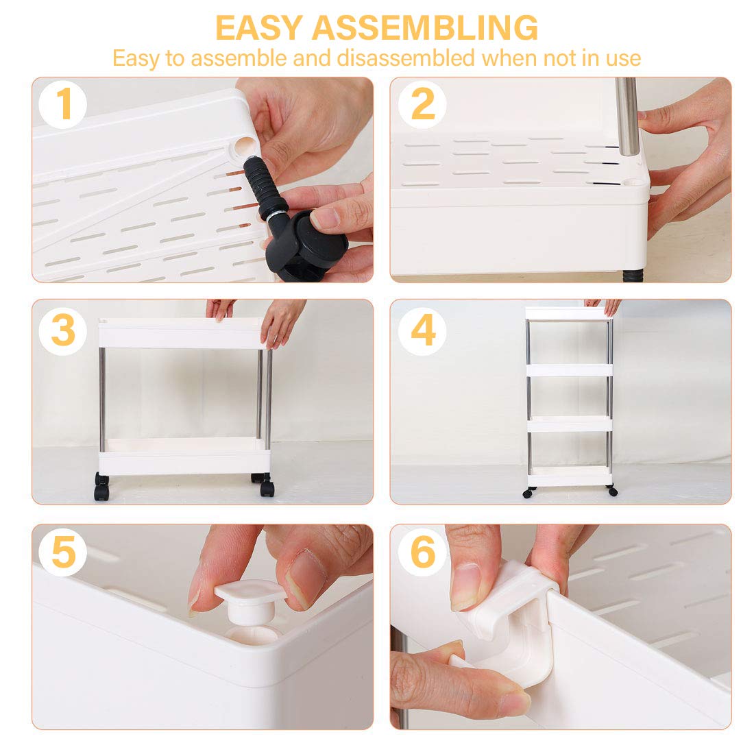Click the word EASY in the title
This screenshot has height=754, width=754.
(x=258, y=27)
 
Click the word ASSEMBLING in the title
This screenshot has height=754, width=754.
(x=424, y=27)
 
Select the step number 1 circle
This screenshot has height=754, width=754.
(x=63, y=104)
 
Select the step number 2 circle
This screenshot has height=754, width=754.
(x=422, y=104)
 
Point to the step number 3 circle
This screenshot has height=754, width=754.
(x=63, y=331)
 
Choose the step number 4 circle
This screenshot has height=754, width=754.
(x=422, y=331)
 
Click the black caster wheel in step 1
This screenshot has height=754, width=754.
(x=308, y=247)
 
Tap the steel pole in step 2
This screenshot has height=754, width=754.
(x=627, y=117)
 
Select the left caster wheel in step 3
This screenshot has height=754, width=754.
(x=101, y=487)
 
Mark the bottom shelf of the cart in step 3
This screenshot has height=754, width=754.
(x=185, y=456)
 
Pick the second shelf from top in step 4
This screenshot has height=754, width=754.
(x=570, y=369)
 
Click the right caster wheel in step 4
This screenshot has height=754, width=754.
(x=612, y=491)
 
